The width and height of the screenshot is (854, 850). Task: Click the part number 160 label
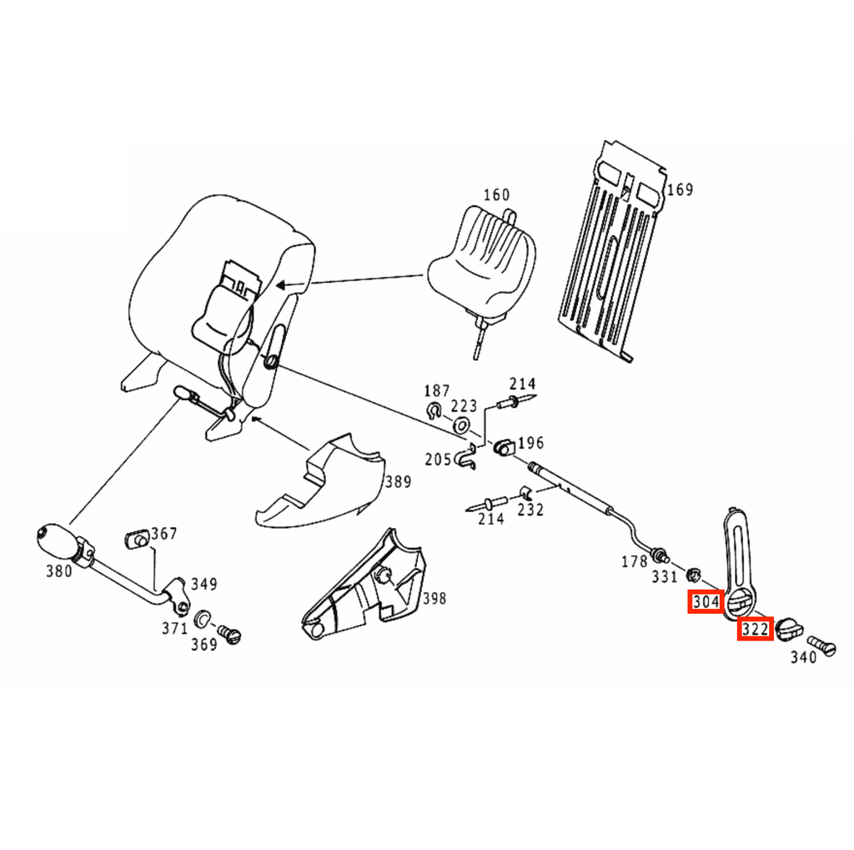[496, 194]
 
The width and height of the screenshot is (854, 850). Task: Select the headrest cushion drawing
[480, 262]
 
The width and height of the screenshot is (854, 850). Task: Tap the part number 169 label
[681, 189]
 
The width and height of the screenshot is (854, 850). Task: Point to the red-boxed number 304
[706, 602]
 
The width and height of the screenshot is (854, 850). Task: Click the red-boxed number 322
[756, 629]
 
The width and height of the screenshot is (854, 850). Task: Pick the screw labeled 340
[821, 645]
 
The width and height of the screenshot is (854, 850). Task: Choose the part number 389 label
[398, 481]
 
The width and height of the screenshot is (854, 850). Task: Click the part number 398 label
[434, 598]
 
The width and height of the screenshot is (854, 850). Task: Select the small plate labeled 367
[138, 539]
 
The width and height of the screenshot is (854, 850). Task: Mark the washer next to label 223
[462, 424]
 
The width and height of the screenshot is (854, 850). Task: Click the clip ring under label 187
[434, 410]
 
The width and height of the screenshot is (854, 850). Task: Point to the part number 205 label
[438, 460]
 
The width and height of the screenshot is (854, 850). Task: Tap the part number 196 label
[530, 443]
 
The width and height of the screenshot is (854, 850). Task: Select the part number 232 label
[530, 510]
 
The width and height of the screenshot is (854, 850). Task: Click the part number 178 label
[635, 561]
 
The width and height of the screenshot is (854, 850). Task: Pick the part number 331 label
[665, 576]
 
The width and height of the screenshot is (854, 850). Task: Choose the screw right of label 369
[229, 634]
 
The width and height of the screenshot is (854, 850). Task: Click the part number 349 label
[203, 584]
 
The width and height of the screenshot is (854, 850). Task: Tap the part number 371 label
[174, 628]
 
